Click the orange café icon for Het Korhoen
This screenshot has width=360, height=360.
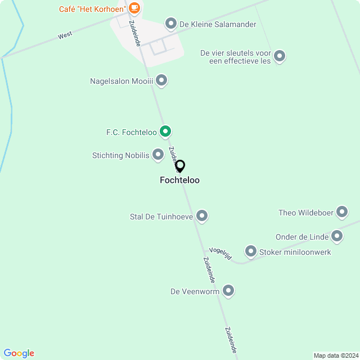134,8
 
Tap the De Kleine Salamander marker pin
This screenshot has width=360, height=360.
171,24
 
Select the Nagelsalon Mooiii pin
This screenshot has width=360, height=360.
161,81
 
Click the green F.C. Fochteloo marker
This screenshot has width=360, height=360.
165,132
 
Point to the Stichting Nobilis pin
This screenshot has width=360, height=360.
158,154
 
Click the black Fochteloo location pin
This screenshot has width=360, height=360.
180,166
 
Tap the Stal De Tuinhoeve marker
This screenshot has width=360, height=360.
202,215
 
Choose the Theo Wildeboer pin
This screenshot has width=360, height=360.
342,212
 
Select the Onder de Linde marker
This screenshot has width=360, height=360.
337,236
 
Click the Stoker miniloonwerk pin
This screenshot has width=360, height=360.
251,251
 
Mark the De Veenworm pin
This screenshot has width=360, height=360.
228,291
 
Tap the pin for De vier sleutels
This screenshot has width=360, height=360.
280,56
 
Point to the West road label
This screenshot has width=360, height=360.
65,35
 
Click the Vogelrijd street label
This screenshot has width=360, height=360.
220,253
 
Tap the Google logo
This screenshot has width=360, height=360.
19,353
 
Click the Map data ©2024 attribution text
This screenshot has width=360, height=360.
335,355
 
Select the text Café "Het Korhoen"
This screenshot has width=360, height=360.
92,8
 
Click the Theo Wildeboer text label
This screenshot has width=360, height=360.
305,213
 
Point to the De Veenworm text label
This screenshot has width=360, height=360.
195,291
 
